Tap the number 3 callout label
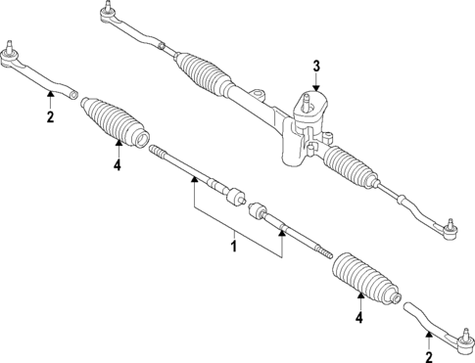[315, 67]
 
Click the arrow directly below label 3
[315, 86]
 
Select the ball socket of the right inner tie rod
[260, 210]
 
